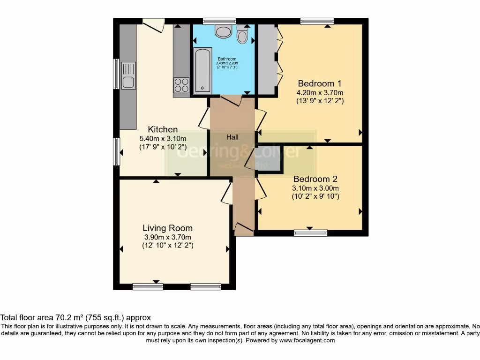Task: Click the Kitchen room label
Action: (x=163, y=129)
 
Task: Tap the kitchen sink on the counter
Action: (x=127, y=76)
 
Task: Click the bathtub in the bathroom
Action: (x=202, y=70)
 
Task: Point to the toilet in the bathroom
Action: (x=242, y=35)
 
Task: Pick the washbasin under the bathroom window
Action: (x=223, y=31)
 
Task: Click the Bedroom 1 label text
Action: (x=320, y=83)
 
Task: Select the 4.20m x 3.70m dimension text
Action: (x=320, y=92)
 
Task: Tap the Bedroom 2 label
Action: (x=315, y=179)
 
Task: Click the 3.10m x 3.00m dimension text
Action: (x=315, y=188)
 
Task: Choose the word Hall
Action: (x=232, y=137)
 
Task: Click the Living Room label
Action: (x=167, y=228)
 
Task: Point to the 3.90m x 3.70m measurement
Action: (x=167, y=237)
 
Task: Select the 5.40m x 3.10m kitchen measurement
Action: (x=163, y=138)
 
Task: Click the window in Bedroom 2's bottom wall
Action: (x=310, y=232)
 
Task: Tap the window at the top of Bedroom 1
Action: (x=317, y=21)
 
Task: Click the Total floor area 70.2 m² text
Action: (x=75, y=317)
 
